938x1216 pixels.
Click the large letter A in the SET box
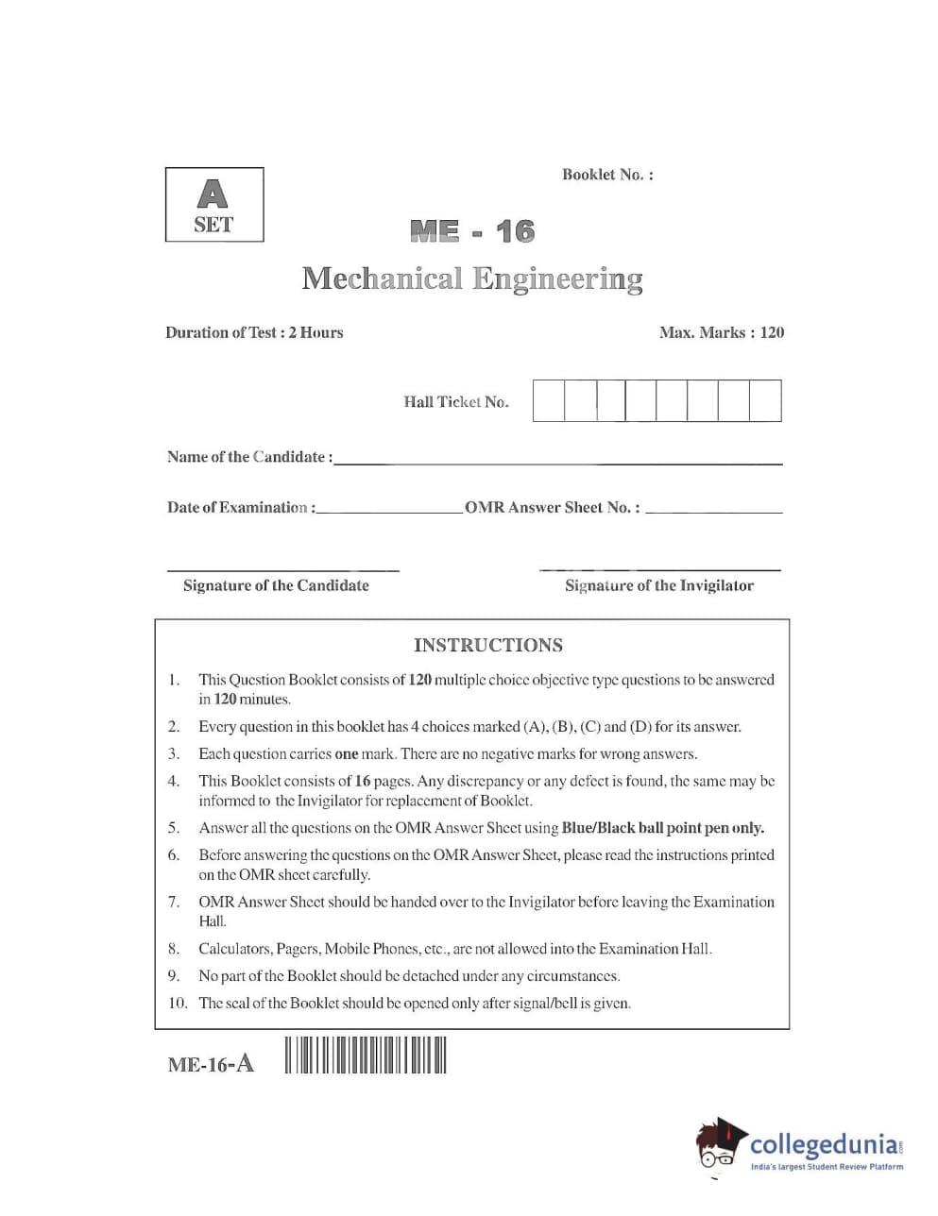tap(213, 194)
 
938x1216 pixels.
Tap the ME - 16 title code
tap(471, 231)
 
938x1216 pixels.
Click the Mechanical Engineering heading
tap(472, 279)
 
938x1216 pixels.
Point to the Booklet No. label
tap(607, 175)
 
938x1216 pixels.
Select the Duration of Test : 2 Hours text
tap(254, 332)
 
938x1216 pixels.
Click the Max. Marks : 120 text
tap(722, 332)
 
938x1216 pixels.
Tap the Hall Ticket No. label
tap(456, 402)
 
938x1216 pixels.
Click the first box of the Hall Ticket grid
tap(549, 400)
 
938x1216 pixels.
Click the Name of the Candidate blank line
tap(557, 462)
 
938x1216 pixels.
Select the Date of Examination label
tap(241, 508)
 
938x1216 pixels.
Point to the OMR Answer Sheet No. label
tap(552, 508)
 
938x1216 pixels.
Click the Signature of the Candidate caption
tap(276, 585)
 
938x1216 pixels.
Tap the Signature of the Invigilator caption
tap(659, 585)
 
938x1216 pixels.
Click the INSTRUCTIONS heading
tap(488, 646)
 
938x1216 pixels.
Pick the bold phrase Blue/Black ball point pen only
tap(663, 828)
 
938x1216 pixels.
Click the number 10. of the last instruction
tap(178, 1003)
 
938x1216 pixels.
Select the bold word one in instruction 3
tap(347, 754)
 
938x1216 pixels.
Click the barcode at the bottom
tap(365, 1055)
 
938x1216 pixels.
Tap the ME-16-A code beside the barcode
tap(211, 1064)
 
